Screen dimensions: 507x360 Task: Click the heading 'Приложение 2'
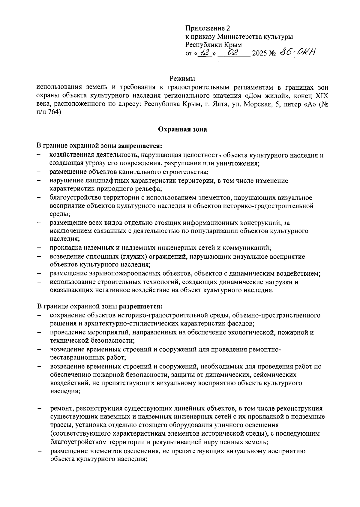pos(208,29)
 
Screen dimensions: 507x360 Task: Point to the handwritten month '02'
pos(233,53)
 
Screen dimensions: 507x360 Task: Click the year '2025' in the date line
pos(259,54)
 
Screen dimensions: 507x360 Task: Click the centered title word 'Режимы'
pos(182,79)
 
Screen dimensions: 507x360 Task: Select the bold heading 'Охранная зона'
pos(182,130)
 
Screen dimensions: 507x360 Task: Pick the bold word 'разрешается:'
pos(141,307)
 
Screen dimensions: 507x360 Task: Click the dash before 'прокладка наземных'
pos(39,248)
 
